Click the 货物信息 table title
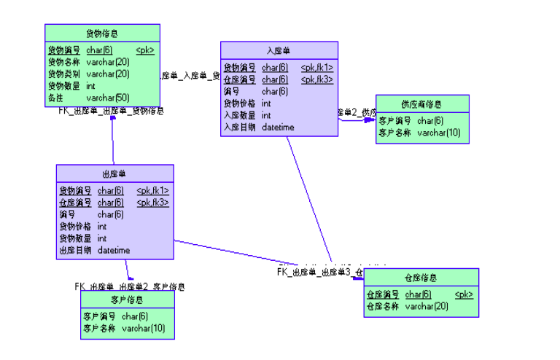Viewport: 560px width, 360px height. click(x=102, y=34)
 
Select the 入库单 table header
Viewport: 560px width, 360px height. click(x=279, y=50)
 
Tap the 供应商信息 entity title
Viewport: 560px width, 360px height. click(x=421, y=103)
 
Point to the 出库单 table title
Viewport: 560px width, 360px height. click(x=114, y=173)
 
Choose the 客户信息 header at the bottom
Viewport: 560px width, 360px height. click(x=127, y=300)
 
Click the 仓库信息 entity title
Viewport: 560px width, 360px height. click(x=421, y=278)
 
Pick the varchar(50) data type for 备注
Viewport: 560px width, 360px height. click(x=108, y=98)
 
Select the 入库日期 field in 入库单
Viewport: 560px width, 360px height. click(x=239, y=127)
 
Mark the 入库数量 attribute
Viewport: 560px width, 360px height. click(x=239, y=115)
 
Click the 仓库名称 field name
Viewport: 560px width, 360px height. click(x=382, y=306)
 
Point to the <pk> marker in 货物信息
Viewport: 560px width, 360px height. click(x=145, y=50)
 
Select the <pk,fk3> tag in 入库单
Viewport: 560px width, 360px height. click(x=317, y=79)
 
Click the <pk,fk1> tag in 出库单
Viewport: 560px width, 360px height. click(x=152, y=191)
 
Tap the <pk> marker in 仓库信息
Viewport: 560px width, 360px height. click(x=464, y=294)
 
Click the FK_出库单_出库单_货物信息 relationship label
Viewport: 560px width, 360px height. click(x=112, y=111)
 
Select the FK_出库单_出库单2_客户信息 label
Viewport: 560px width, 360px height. click(x=129, y=286)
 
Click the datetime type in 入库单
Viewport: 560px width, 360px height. click(x=278, y=127)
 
